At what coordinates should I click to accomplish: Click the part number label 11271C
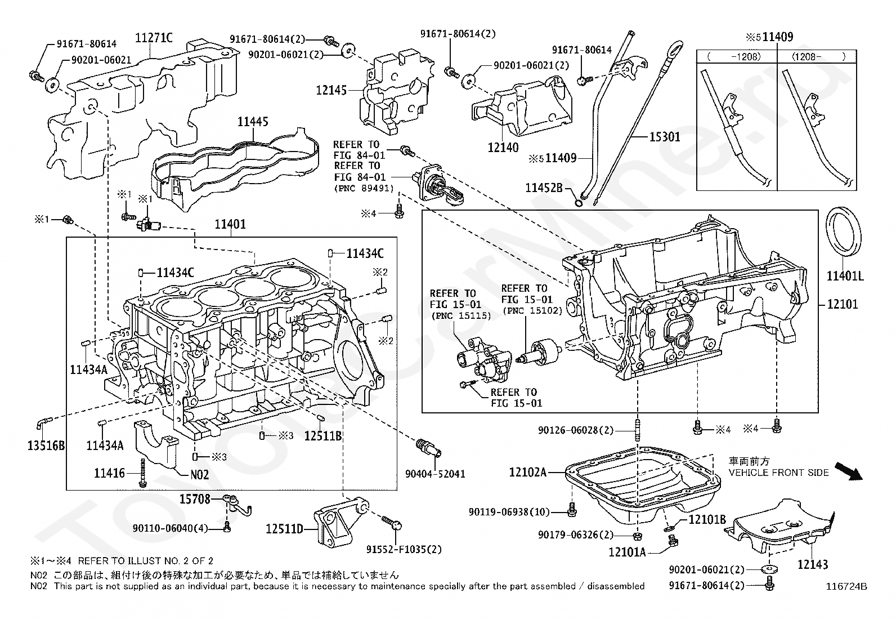pos(154,38)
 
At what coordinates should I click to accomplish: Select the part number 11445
pos(253,121)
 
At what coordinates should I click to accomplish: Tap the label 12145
pos(331,90)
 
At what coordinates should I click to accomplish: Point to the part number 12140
pos(503,148)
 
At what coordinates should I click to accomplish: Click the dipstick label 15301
pos(664,137)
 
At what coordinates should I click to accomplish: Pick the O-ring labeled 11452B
pos(579,204)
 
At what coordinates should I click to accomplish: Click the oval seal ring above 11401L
pos(843,236)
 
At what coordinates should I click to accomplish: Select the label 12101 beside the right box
pos(843,304)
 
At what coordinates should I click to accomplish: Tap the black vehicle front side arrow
pos(848,471)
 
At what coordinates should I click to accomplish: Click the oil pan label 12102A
pos(527,473)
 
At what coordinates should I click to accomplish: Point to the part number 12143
pos(812,564)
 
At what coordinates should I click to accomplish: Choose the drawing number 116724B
pos(846,586)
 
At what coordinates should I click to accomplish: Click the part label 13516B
pos(46,445)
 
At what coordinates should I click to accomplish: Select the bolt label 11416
pos(109,473)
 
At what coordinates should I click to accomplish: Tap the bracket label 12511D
pos(284,529)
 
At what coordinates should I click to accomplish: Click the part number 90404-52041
pos(435,474)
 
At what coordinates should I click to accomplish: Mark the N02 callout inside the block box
pos(199,475)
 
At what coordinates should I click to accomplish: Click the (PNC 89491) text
pos(364,188)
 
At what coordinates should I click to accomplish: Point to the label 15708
pos(194,499)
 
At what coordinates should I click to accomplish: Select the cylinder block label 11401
pos(230,224)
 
